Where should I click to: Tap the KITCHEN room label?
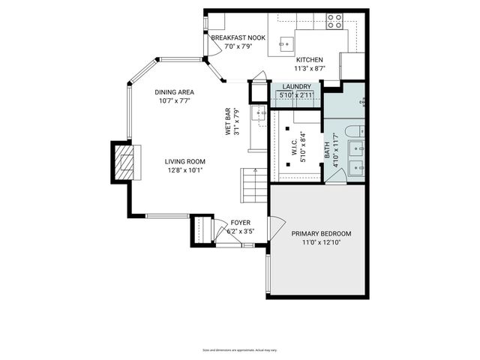click(x=310, y=59)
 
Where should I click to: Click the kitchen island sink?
click(x=286, y=43)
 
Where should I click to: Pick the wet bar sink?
click(x=259, y=113)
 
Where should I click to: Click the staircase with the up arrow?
click(x=253, y=185)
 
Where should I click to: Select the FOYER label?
click(x=241, y=223)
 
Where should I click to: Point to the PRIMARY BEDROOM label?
click(x=321, y=233)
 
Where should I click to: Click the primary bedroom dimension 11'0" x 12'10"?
click(x=321, y=243)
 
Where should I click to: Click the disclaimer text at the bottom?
click(x=240, y=349)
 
